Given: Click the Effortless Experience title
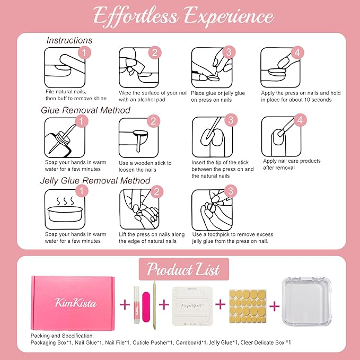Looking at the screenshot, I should (x=180, y=16).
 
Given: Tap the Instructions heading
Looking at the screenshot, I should (x=69, y=40).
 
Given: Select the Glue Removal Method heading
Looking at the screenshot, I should (x=85, y=110).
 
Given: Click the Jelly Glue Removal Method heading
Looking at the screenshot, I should (x=96, y=180).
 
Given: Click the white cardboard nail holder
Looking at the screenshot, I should (x=195, y=304).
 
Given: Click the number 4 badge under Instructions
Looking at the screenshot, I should (x=297, y=52).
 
